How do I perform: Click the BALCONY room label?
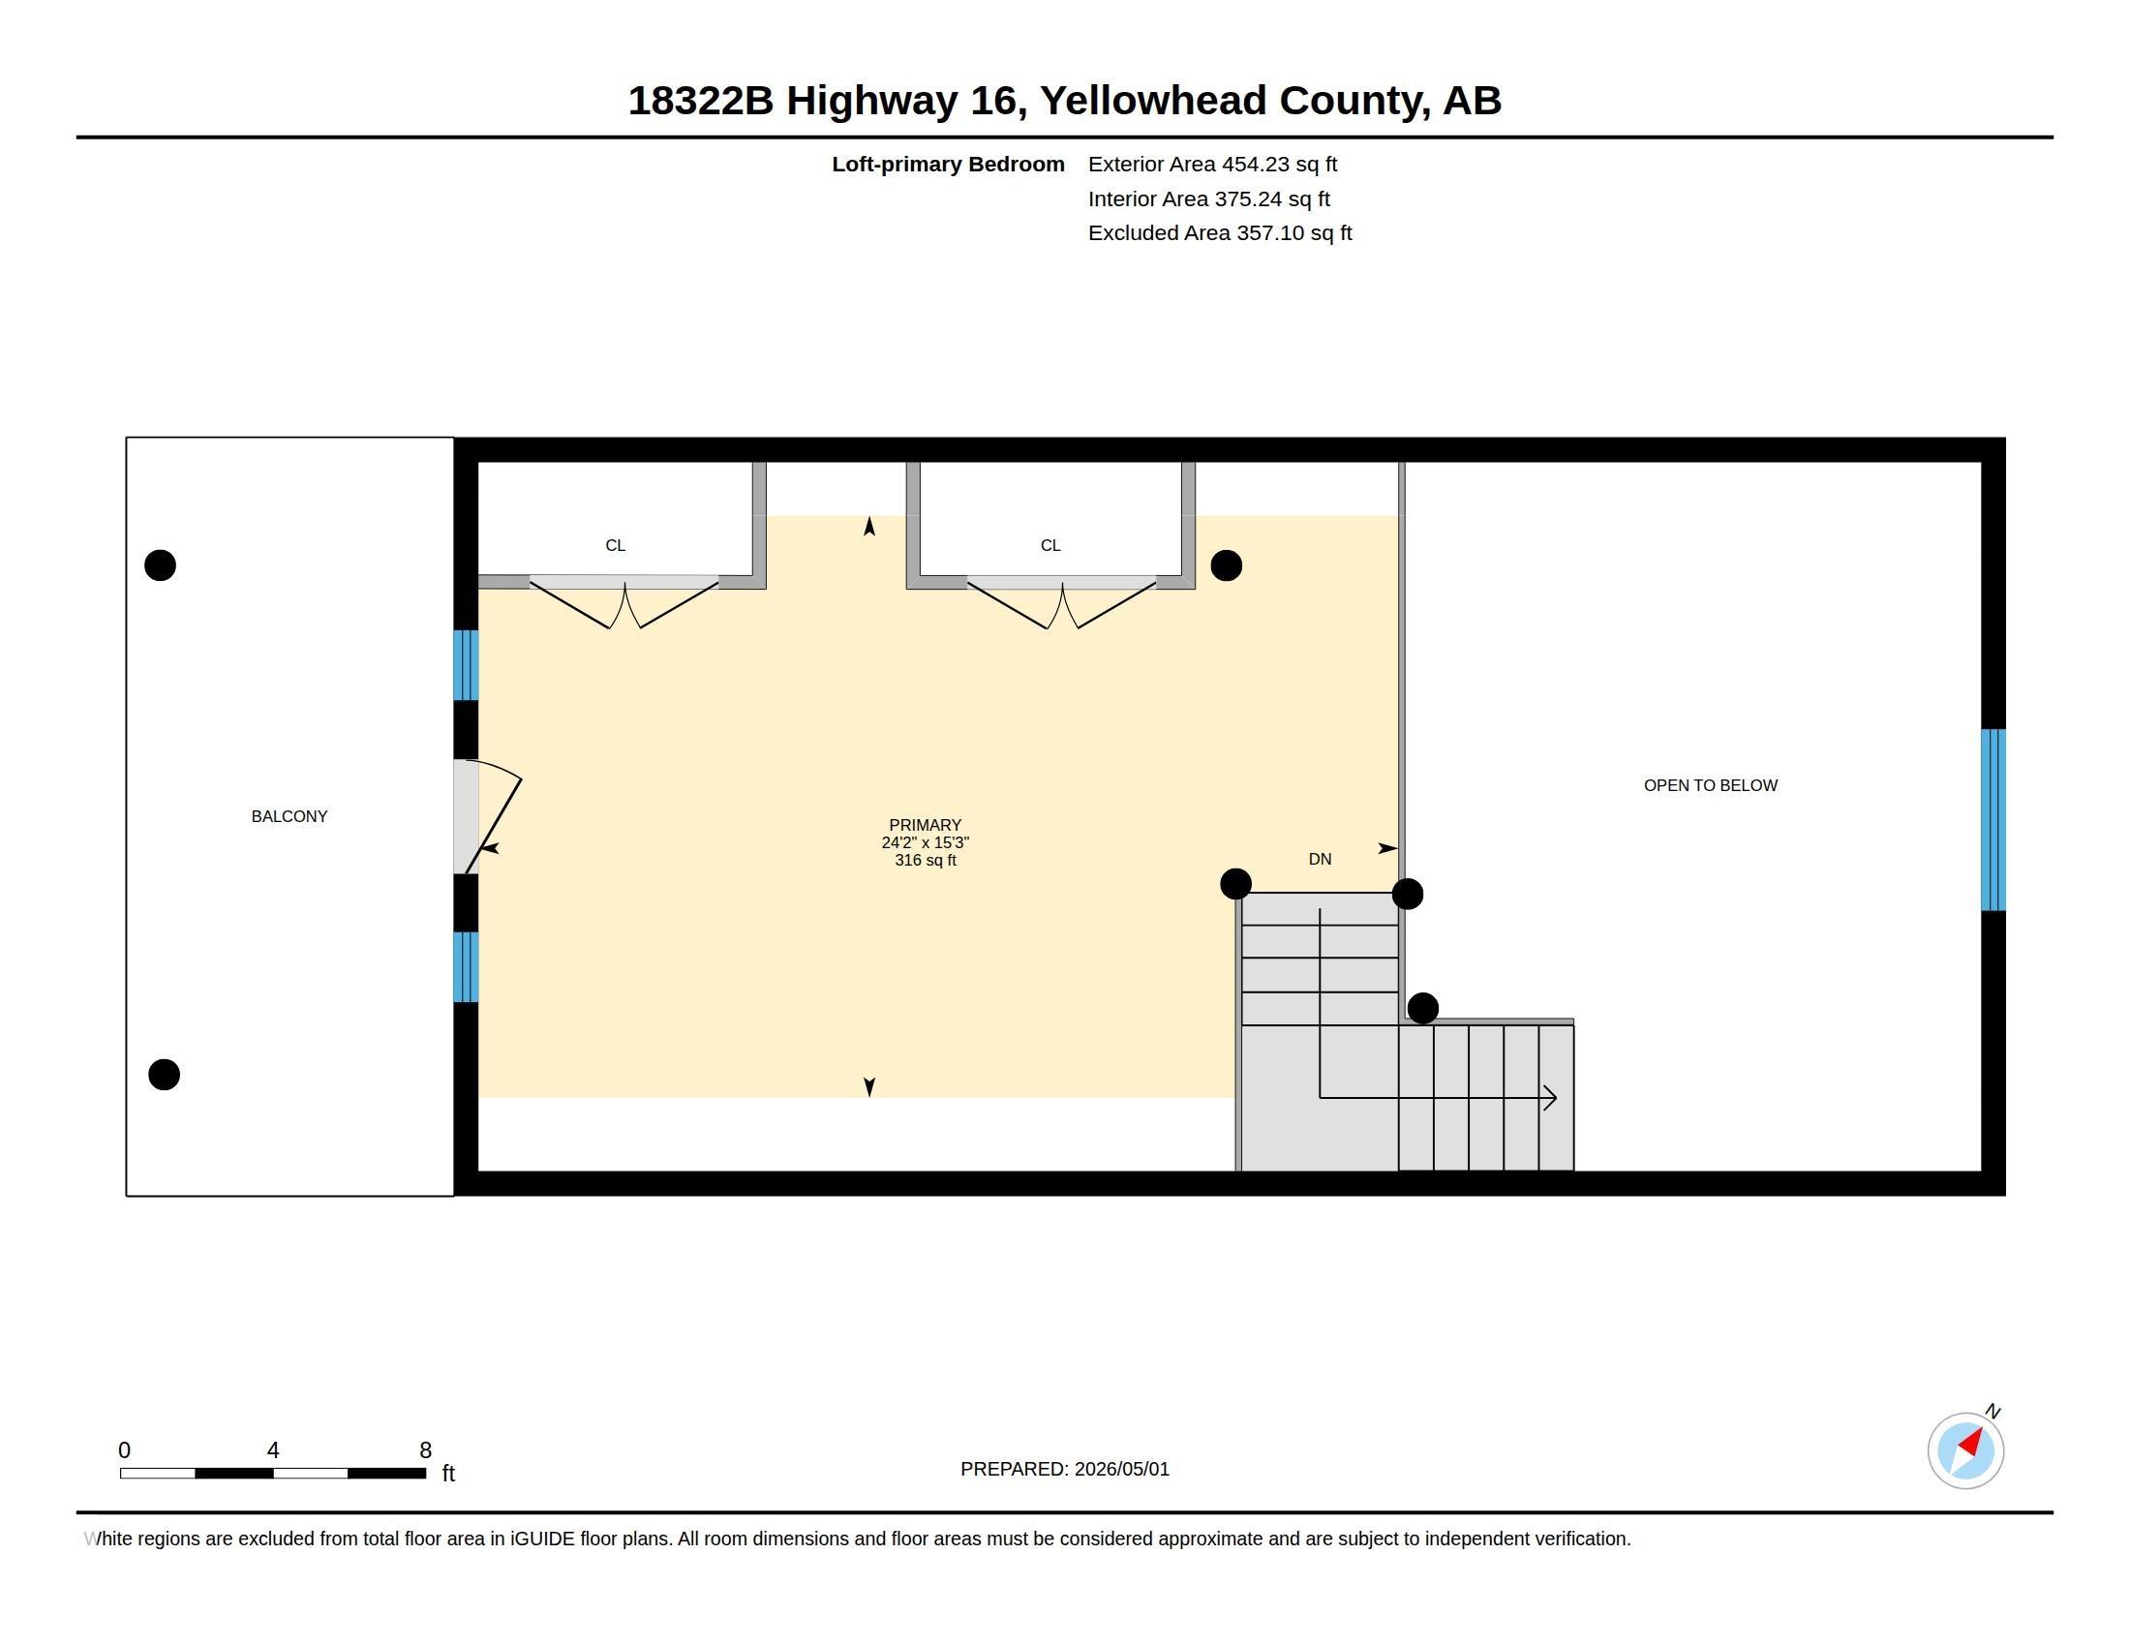(289, 816)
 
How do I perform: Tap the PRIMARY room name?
(925, 825)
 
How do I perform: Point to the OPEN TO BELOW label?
(1711, 785)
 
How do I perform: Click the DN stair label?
(1320, 859)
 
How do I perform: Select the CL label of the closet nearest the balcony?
(616, 545)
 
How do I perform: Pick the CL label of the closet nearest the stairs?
(1050, 545)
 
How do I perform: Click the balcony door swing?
(495, 815)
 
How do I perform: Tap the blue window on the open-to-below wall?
(1993, 820)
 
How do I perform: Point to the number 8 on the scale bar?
(425, 1450)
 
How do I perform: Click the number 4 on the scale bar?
(273, 1450)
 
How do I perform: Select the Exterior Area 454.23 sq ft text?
(1212, 164)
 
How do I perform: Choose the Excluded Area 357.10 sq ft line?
(1220, 233)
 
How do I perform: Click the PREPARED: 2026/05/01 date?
(1065, 1469)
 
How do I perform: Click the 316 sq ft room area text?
(925, 860)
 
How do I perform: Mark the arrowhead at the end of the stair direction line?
(1550, 1098)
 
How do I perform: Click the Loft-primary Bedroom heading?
(948, 164)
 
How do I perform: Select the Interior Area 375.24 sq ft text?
(1208, 198)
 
